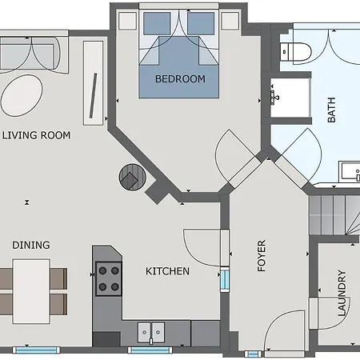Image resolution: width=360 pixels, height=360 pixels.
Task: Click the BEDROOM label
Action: coord(180,79)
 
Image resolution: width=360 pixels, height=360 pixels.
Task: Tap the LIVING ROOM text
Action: coord(36,135)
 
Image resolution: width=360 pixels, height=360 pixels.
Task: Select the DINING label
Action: coord(31,245)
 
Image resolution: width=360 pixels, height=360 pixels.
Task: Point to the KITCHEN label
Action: coord(167,271)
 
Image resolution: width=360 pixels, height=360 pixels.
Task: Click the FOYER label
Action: coord(262,256)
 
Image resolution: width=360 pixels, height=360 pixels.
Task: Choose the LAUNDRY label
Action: coord(342,292)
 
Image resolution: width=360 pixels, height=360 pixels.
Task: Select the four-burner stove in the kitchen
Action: coord(109,278)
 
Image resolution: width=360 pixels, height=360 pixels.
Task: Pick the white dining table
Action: coord(31,290)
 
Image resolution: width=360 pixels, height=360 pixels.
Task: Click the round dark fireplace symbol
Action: coord(130,176)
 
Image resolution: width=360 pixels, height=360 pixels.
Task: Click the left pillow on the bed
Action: coord(154,22)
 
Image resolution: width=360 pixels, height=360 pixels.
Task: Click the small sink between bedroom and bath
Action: coord(276,96)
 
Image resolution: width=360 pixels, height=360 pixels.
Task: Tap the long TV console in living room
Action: coord(93,82)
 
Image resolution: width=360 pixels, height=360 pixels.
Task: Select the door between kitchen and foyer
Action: coord(202,248)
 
